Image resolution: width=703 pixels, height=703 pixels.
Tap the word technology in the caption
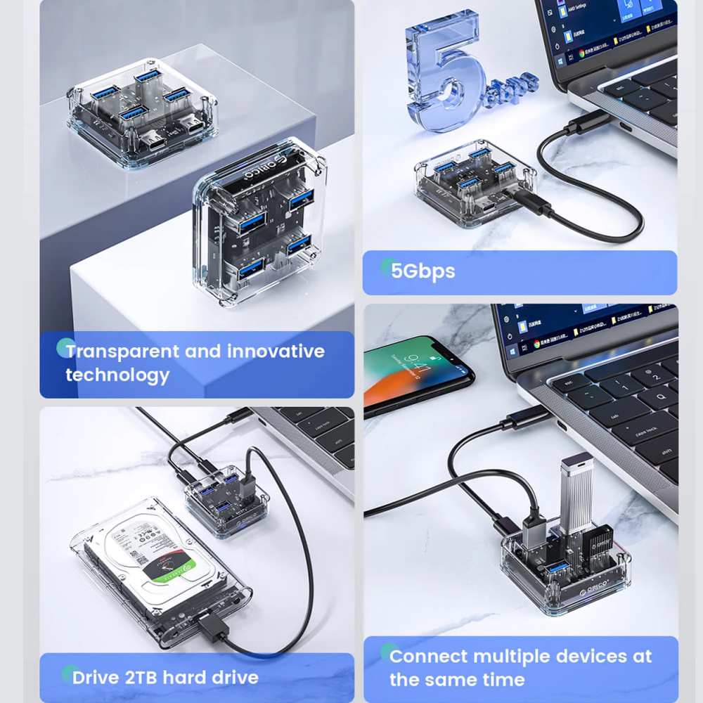(x=117, y=375)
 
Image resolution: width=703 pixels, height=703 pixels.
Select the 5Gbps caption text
(x=423, y=271)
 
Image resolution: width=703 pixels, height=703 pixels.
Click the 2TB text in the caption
(x=146, y=678)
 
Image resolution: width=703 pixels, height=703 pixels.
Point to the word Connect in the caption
(x=428, y=657)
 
